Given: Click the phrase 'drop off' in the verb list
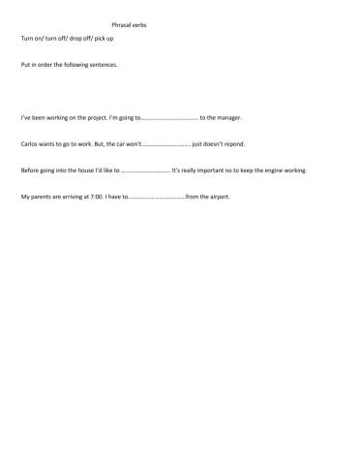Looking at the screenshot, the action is (82, 38).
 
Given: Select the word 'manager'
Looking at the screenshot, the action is (227, 117).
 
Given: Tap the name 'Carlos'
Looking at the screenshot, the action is (30, 144).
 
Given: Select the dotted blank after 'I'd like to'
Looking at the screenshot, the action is (145, 171).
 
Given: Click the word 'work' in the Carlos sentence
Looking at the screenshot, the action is (91, 144).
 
